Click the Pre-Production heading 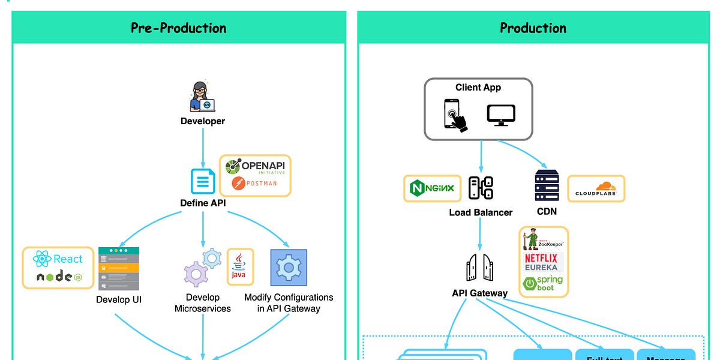click(x=178, y=28)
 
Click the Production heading click(x=533, y=28)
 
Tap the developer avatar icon click(x=202, y=97)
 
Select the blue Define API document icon click(x=203, y=181)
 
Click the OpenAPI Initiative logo click(x=256, y=166)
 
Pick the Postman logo click(x=254, y=183)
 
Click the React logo click(x=58, y=259)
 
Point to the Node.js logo click(x=59, y=277)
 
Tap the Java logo click(x=240, y=266)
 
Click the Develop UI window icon click(x=118, y=268)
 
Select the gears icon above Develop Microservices click(x=202, y=268)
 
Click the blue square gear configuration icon click(x=289, y=268)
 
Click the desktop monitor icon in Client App click(x=501, y=114)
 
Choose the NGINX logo click(x=432, y=189)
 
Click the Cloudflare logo click(x=595, y=189)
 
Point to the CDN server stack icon click(x=546, y=185)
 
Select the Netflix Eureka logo click(x=541, y=262)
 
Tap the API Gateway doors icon click(x=479, y=267)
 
